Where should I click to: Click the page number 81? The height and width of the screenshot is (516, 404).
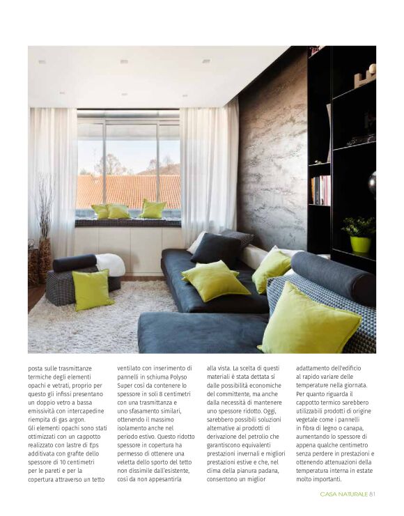click(373, 495)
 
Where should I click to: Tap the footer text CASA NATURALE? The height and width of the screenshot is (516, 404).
click(344, 495)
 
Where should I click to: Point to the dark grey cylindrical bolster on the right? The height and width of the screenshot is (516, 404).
click(332, 274)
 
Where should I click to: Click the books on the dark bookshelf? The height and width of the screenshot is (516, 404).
click(320, 189)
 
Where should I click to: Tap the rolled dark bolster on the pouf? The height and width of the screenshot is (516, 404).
click(75, 263)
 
